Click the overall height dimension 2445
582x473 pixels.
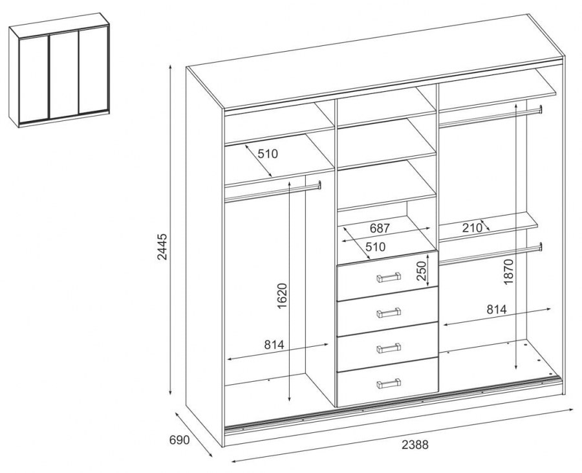coord(162,247)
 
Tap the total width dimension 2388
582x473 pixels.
coord(415,445)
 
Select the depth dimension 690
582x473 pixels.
coord(180,440)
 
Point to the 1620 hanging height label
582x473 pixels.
coord(283,296)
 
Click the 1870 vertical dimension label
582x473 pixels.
coord(508,272)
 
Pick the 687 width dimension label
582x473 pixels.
coord(380,228)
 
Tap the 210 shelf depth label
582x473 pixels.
coord(472,228)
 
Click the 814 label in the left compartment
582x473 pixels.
coord(274,345)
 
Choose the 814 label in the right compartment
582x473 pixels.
coord(497,309)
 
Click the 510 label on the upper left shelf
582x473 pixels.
coord(268,153)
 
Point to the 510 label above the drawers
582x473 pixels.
coord(376,247)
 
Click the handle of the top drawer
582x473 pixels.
coord(389,277)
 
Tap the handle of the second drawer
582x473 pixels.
coord(389,313)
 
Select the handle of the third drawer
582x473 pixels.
coord(389,348)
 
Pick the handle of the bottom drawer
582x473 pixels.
coord(389,383)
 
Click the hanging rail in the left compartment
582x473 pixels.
coord(272,192)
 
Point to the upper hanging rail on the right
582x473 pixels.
coord(491,116)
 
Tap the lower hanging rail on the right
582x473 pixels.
coord(491,254)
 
